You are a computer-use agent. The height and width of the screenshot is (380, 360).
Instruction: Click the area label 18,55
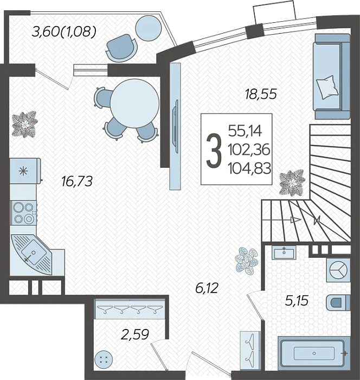pyautogui.click(x=260, y=94)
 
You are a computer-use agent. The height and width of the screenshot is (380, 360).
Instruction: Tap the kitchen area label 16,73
pyautogui.click(x=77, y=181)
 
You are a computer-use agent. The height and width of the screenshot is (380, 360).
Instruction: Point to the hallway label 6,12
pyautogui.click(x=207, y=288)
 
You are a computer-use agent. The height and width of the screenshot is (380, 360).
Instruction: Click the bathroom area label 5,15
pyautogui.click(x=297, y=301)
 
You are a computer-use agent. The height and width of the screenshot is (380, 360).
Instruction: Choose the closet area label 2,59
pyautogui.click(x=134, y=335)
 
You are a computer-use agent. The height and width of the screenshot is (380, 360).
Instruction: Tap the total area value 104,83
pyautogui.click(x=249, y=168)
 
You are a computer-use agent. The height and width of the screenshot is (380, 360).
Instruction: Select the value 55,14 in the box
pyautogui.click(x=245, y=131)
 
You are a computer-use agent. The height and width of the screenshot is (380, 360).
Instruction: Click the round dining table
pyautogui.click(x=134, y=104)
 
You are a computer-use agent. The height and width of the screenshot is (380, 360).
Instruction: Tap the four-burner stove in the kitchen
pyautogui.click(x=23, y=213)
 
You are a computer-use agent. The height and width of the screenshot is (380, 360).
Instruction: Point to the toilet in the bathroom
pyautogui.click(x=338, y=302)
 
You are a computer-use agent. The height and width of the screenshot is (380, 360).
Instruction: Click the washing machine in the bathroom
pyautogui.click(x=338, y=270)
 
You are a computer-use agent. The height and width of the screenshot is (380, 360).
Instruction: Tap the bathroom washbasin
pyautogui.click(x=284, y=253)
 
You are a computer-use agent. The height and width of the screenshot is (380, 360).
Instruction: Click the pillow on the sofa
pyautogui.click(x=327, y=87)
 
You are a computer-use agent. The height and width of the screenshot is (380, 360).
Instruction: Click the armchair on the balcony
pyautogui.click(x=122, y=48)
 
